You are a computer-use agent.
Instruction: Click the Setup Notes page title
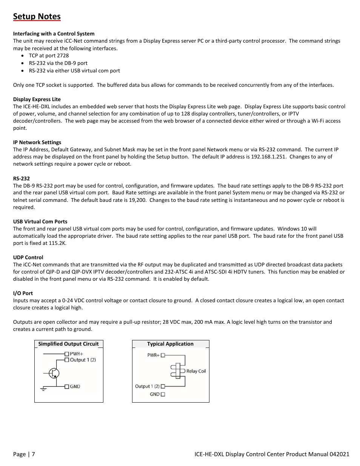click(37, 17)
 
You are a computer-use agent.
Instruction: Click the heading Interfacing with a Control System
click(54, 34)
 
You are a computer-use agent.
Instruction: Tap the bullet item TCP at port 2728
click(49, 55)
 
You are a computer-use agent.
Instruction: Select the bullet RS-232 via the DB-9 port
click(58, 63)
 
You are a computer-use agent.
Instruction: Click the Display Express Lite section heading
click(37, 99)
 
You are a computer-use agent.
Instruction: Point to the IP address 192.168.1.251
click(269, 157)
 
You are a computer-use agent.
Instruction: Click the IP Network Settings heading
click(37, 142)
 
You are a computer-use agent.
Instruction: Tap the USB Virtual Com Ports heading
click(40, 221)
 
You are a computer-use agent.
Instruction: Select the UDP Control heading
click(28, 257)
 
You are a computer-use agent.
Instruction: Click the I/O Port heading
click(23, 293)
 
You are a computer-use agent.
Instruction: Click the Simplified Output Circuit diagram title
click(68, 344)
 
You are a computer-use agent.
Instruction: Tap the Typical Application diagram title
click(170, 344)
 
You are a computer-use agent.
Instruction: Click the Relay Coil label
click(196, 371)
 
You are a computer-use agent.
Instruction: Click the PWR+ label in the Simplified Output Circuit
click(76, 354)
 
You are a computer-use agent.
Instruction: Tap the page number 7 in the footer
click(33, 454)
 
